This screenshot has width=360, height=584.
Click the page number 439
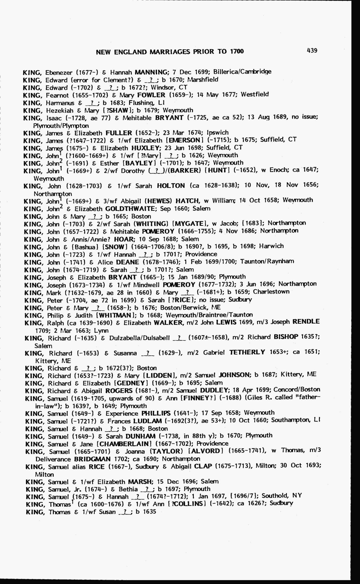pos(312,51)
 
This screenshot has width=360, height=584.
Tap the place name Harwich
pos(271,246)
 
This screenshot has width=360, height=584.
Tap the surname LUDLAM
pos(147,421)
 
